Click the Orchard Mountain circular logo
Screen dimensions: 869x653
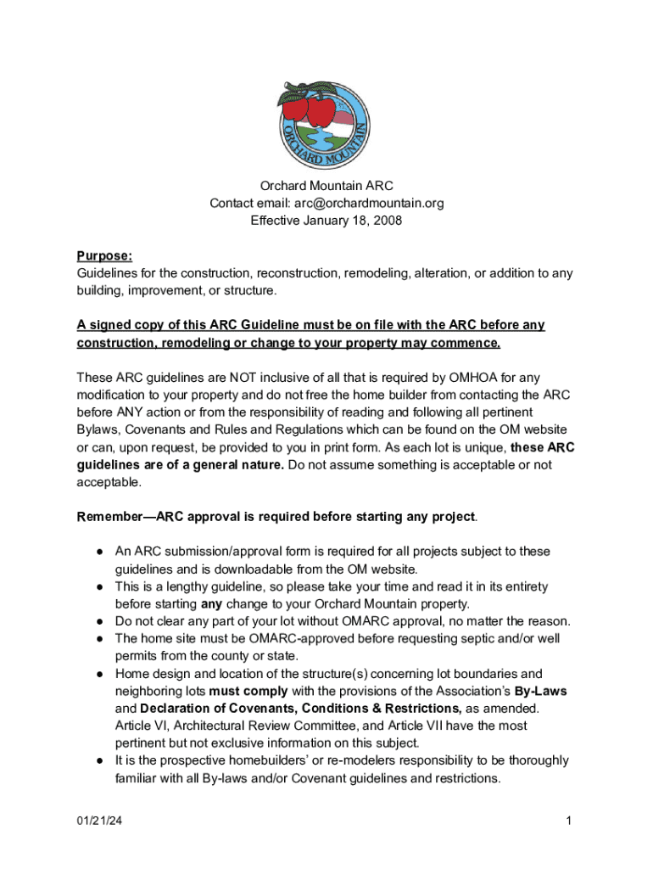326,121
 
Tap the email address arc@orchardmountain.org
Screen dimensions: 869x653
369,204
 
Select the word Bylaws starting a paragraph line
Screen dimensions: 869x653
99,429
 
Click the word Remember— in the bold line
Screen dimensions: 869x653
109,517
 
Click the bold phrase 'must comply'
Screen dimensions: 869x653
243,691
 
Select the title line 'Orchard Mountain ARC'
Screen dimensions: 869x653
326,186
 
